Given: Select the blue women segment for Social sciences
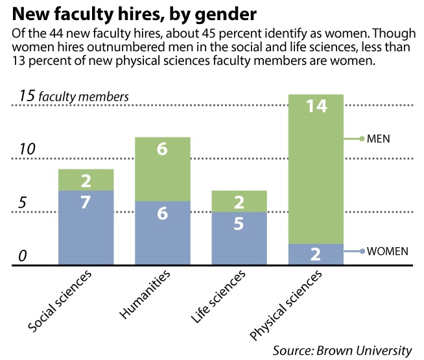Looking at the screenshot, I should pos(86,227).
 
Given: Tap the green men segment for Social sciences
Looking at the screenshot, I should pos(86,180).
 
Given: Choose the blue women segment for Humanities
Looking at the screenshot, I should pos(163,232).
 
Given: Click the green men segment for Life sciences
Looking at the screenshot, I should pos(239,201).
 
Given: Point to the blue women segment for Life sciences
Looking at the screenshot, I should pos(239,237).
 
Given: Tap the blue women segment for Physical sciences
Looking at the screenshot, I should pos(316,254).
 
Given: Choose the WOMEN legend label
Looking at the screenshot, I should pos(387,251).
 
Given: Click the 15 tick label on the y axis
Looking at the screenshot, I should pos(27,96).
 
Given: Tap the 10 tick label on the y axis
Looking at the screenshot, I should pos(26,149).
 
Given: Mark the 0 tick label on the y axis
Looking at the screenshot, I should pos(21,256).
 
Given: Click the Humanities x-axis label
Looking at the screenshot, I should pos(145,295).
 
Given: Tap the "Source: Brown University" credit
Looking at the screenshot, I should pos(342,350).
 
